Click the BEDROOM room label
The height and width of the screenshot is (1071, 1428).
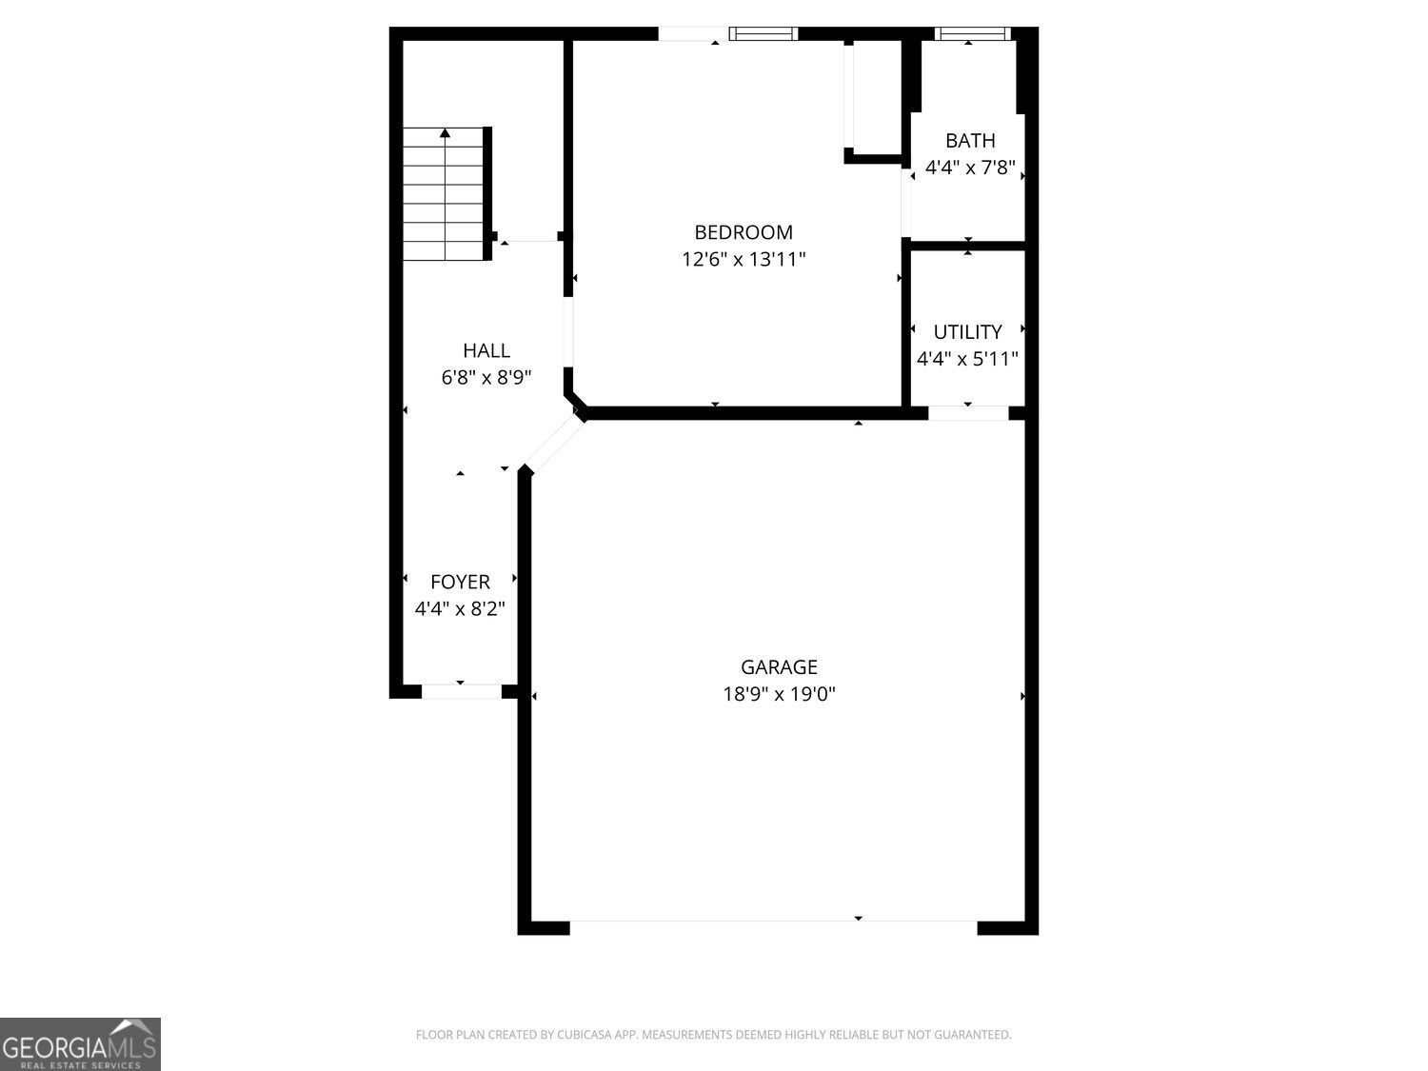(744, 232)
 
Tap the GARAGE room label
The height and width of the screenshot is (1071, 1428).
(779, 666)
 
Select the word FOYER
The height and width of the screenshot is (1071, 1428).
(460, 582)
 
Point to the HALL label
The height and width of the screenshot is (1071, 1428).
(486, 350)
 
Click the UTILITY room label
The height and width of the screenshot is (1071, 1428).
(967, 331)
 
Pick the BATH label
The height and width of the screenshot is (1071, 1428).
(970, 141)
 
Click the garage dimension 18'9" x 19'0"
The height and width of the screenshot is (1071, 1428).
(779, 694)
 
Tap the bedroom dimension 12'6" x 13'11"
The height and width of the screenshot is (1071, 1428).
(744, 260)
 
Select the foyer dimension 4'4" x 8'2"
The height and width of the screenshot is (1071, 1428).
(460, 608)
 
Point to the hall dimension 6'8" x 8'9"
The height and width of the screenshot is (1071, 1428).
(486, 377)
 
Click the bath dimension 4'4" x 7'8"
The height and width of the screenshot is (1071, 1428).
(970, 168)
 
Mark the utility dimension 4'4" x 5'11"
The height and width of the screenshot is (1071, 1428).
(967, 359)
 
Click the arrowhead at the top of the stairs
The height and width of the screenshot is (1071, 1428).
(445, 132)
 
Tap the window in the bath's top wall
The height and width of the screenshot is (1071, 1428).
(973, 34)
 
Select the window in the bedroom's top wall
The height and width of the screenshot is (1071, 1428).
(764, 34)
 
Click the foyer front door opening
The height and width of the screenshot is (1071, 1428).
(462, 691)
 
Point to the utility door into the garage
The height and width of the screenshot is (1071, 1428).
(968, 413)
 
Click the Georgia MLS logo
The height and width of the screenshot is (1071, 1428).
(80, 1043)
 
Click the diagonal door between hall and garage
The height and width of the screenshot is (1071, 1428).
(554, 445)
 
